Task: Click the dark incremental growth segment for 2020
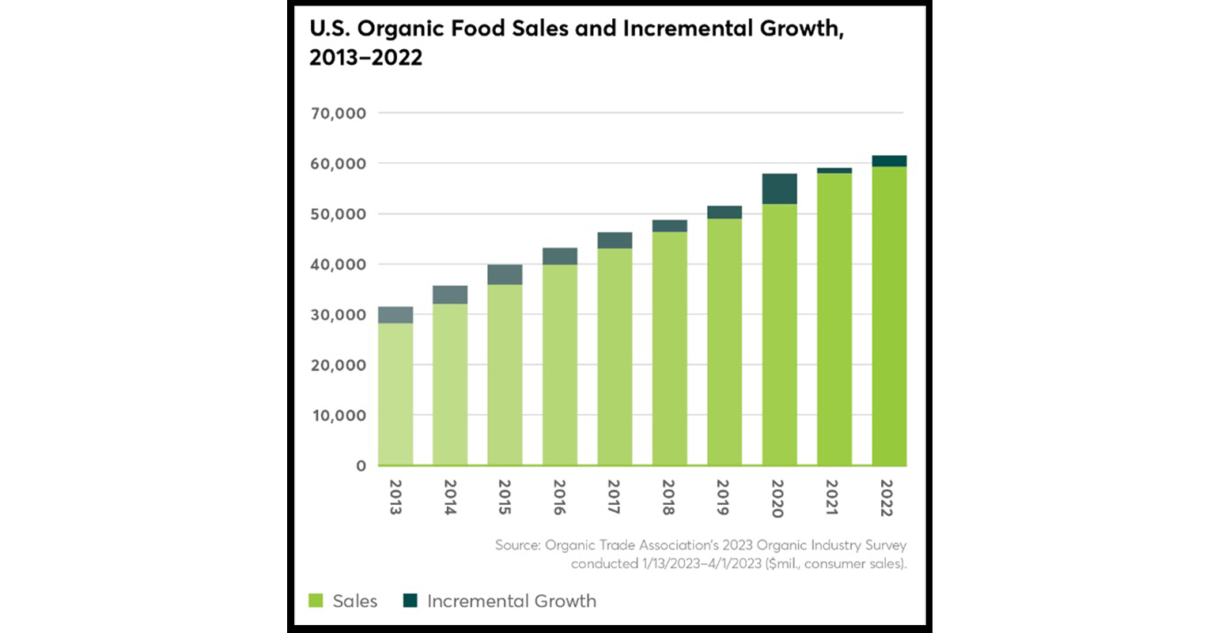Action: pos(779,189)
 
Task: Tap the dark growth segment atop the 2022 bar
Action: pos(889,161)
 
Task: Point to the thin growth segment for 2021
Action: pos(834,170)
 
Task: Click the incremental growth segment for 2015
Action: pos(505,275)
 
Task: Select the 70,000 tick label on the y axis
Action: pos(339,114)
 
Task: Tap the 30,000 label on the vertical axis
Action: pos(339,315)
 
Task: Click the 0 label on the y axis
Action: pos(361,466)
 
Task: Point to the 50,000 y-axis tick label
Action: pos(339,214)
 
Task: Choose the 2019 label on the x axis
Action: pos(723,498)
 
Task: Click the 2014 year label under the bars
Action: pos(450,498)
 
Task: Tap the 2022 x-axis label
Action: pos(887,498)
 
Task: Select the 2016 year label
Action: pos(559,498)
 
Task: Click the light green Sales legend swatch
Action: pos(316,601)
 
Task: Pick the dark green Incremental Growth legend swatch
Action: pos(410,601)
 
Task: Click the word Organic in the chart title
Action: pos(401,29)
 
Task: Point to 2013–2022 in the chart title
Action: pos(365,58)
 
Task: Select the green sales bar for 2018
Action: pos(669,348)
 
